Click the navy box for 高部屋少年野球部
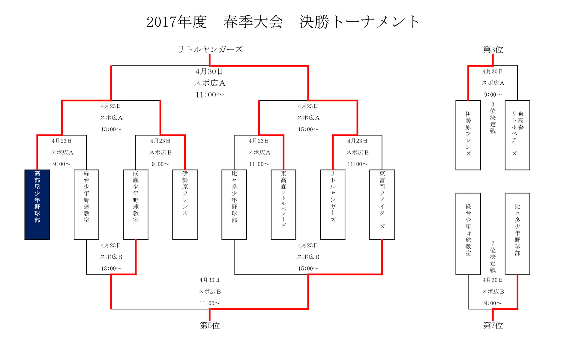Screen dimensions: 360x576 click(x=37, y=205)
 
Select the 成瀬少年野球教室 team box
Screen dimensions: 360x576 click(x=136, y=205)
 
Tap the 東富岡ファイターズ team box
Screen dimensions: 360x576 click(x=382, y=205)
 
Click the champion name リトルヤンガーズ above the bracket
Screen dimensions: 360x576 click(x=210, y=49)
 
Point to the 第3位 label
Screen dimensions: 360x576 click(x=493, y=49)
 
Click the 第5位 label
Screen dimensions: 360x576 click(x=210, y=325)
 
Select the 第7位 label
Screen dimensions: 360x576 click(x=493, y=325)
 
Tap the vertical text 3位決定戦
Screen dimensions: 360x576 click(x=493, y=118)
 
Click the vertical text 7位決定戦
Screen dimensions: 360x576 click(x=493, y=257)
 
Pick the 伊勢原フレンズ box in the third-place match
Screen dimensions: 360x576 click(x=468, y=135)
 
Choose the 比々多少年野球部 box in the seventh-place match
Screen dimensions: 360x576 click(x=517, y=233)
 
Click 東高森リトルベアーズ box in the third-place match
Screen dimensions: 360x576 click(x=517, y=135)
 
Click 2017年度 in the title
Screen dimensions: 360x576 click(x=176, y=22)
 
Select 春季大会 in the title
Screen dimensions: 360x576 click(x=253, y=22)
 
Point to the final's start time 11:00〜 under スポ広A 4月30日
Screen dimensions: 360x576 click(x=210, y=95)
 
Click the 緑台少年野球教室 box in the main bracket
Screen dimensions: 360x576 click(x=86, y=205)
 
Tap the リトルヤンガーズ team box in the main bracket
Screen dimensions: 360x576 click(x=333, y=205)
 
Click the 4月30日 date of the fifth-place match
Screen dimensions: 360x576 click(x=210, y=280)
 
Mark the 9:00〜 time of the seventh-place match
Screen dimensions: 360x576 click(x=493, y=303)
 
